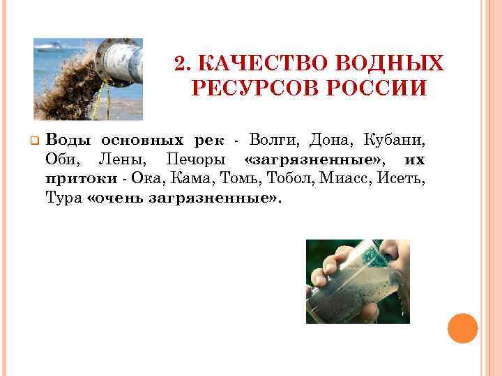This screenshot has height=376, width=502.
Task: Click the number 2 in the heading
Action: tap(180, 65)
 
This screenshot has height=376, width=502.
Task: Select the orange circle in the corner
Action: tap(462, 329)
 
